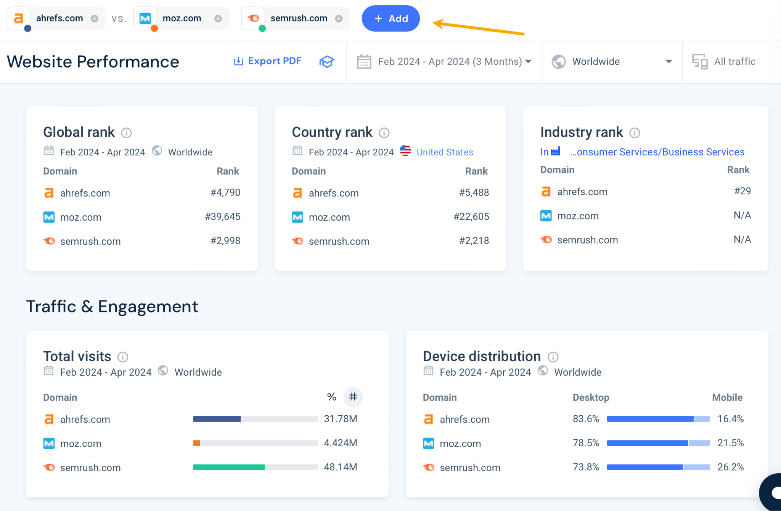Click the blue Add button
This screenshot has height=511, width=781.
pyautogui.click(x=390, y=18)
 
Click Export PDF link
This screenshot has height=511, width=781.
pyautogui.click(x=268, y=61)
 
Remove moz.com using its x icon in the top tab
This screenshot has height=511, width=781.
pyautogui.click(x=218, y=18)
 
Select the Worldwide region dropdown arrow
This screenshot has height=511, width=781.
pyautogui.click(x=668, y=61)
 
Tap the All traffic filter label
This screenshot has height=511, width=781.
pyautogui.click(x=734, y=61)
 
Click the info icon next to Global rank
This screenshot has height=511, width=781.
pyautogui.click(x=126, y=133)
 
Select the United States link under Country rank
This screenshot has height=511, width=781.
pyautogui.click(x=445, y=152)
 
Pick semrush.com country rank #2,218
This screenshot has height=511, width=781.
pyautogui.click(x=474, y=240)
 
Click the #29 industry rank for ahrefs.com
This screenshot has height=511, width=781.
pyautogui.click(x=742, y=191)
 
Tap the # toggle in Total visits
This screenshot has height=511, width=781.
pyautogui.click(x=353, y=397)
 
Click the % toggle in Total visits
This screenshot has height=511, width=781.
pyautogui.click(x=331, y=397)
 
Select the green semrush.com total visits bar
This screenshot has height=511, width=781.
pyautogui.click(x=229, y=467)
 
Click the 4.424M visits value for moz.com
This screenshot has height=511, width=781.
pyautogui.click(x=340, y=443)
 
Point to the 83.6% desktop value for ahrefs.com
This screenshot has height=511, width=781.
pyautogui.click(x=586, y=419)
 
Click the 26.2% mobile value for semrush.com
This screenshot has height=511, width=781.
pyautogui.click(x=730, y=467)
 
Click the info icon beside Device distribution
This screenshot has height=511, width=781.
pyautogui.click(x=553, y=357)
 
